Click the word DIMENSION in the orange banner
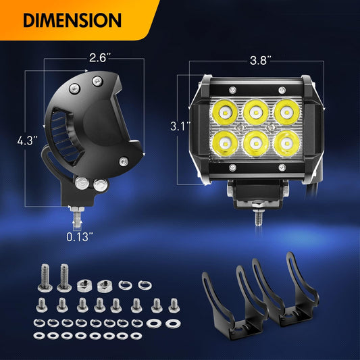tap(72, 20)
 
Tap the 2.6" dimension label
tap(100, 57)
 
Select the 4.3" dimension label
tap(27, 140)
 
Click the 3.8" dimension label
tap(261, 60)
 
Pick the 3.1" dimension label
tap(180, 126)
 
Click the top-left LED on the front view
tap(224, 112)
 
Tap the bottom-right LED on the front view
tap(287, 143)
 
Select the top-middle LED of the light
tap(255, 112)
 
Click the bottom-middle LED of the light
tap(255, 143)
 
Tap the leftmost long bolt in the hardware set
tap(45, 278)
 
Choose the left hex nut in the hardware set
tap(83, 286)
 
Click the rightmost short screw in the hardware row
tap(174, 305)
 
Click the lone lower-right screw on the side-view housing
tap(124, 161)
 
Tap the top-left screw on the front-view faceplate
tap(232, 90)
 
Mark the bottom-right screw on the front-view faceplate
tap(282, 168)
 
